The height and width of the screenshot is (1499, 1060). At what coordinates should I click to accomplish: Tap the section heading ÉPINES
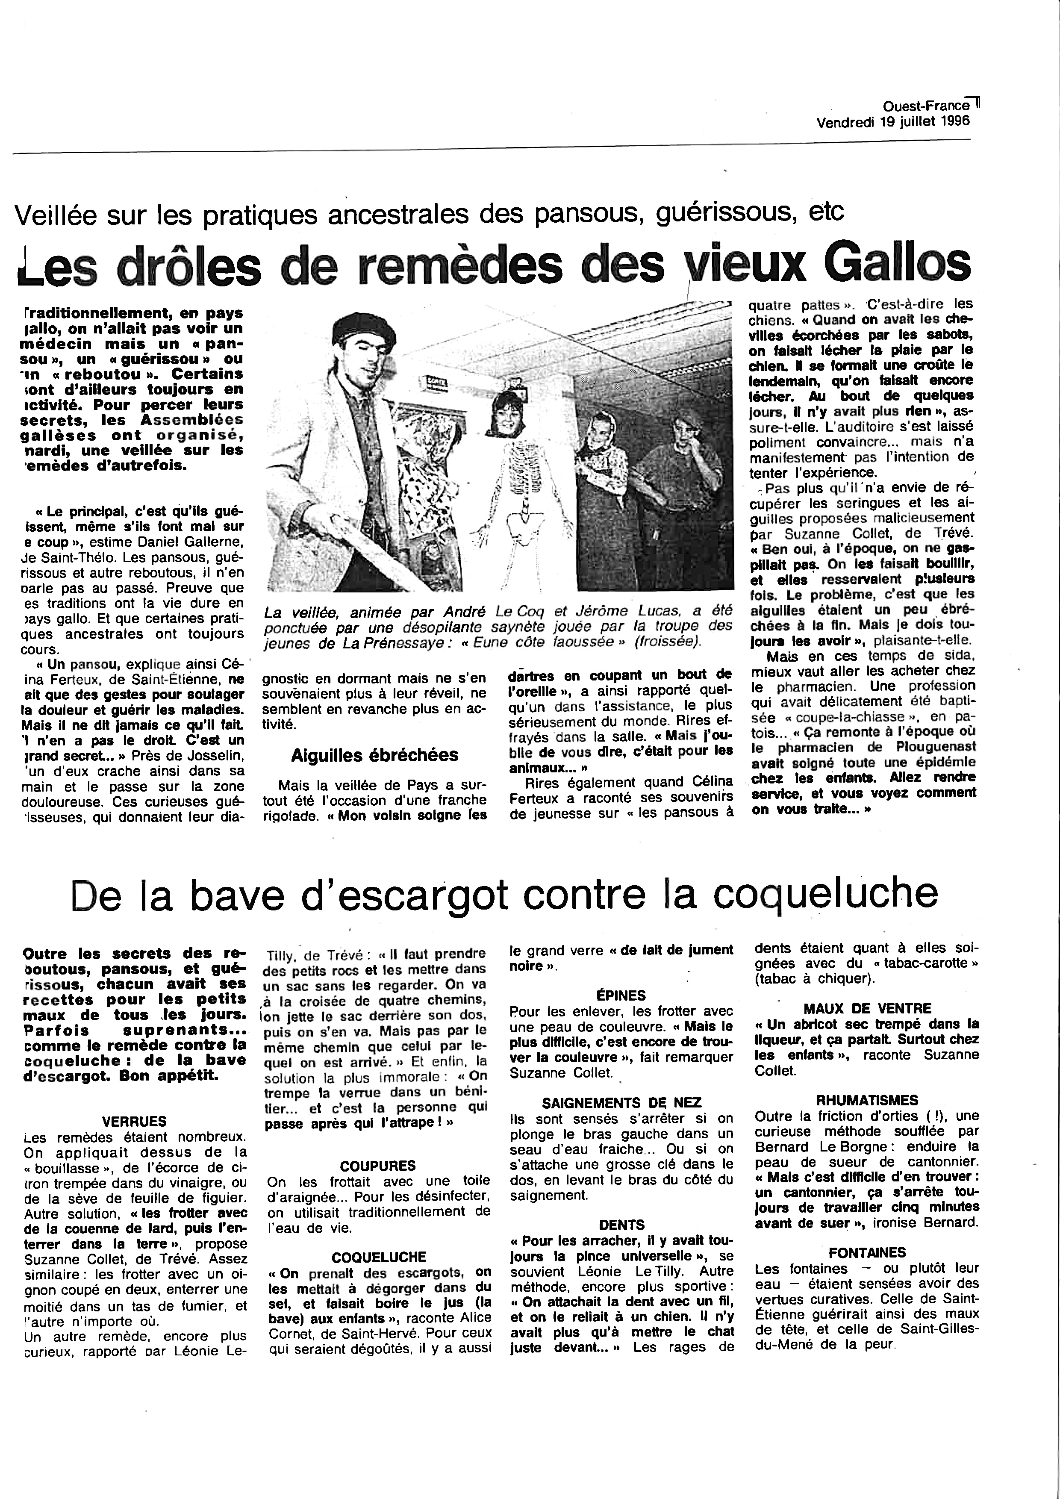621,995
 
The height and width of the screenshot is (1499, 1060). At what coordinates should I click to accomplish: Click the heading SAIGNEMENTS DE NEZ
621,1103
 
